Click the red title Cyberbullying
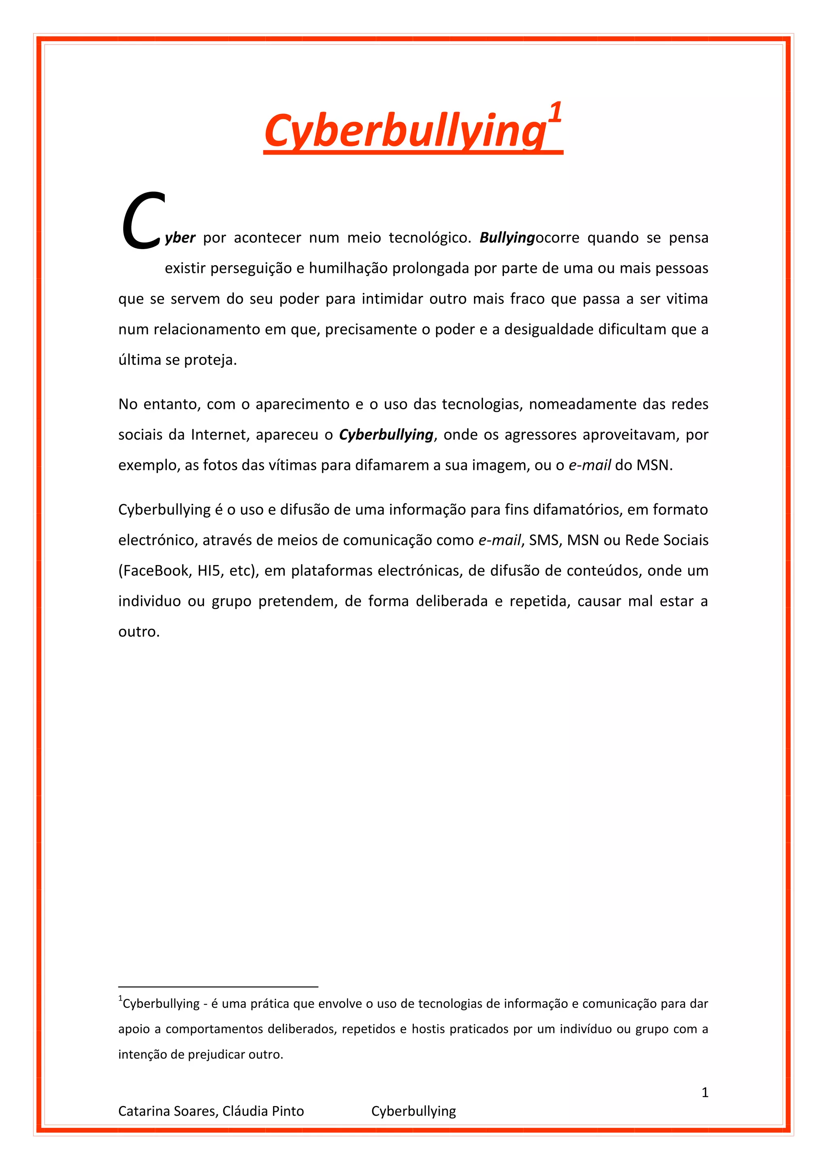(x=405, y=131)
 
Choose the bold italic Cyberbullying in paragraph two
(x=386, y=435)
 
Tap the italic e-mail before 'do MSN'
(x=590, y=465)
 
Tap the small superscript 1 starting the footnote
(x=120, y=998)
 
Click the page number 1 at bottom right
(x=705, y=1093)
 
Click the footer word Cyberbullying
(x=413, y=1111)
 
